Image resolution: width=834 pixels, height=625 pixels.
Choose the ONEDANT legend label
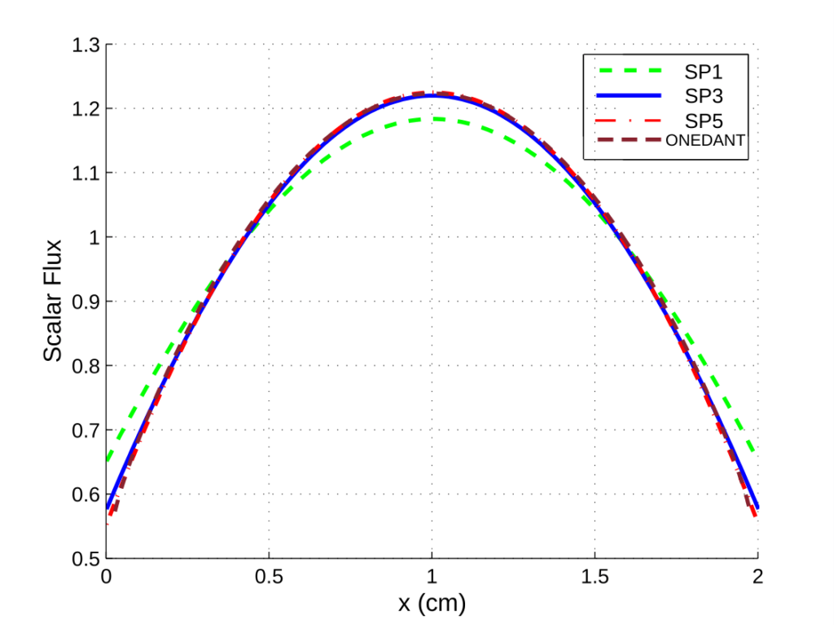tap(706, 140)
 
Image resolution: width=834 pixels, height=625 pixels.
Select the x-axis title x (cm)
tap(432, 604)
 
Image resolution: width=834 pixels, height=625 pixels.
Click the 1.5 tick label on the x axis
tap(595, 577)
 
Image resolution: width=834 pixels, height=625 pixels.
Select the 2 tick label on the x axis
tap(757, 577)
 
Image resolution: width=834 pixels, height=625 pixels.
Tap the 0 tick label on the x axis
tap(106, 577)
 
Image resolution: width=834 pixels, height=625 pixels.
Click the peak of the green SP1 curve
tap(432, 119)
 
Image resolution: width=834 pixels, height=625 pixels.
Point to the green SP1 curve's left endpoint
tap(107, 461)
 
